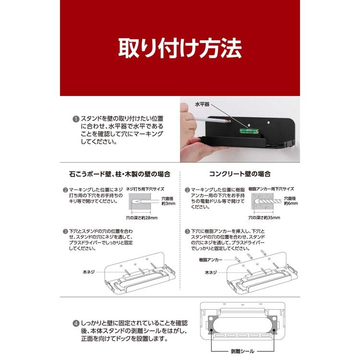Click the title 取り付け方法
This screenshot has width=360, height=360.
tap(180, 48)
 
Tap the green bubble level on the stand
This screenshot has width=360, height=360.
tap(249, 131)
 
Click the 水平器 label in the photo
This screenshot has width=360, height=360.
tap(202, 104)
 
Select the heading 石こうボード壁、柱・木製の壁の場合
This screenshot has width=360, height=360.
tap(120, 174)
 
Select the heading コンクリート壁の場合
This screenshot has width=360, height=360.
tap(240, 174)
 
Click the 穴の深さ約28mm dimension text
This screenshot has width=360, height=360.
tap(142, 217)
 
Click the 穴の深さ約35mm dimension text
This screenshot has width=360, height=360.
tap(264, 217)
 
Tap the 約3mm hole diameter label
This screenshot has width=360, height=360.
tap(168, 204)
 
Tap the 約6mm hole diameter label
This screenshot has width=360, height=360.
tap(291, 203)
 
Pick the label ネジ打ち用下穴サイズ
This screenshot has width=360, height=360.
tap(145, 189)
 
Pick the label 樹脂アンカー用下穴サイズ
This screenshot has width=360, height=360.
tap(271, 189)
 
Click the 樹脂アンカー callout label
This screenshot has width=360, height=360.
tap(211, 260)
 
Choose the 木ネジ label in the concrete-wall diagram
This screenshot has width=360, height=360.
tap(211, 272)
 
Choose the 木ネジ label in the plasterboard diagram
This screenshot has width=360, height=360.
tap(89, 272)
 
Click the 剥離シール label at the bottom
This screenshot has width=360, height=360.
tap(242, 351)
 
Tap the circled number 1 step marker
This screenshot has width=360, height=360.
tap(76, 119)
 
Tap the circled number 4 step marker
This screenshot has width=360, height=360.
tap(76, 324)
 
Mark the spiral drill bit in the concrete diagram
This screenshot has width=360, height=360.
tap(268, 201)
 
